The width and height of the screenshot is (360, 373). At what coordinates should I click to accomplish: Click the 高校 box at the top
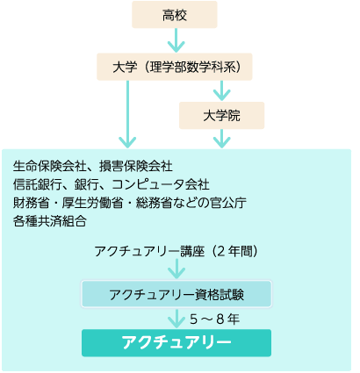[175, 15]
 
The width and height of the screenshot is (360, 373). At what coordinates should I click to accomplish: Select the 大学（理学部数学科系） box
[175, 67]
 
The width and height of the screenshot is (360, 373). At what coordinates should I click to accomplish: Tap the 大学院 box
[221, 116]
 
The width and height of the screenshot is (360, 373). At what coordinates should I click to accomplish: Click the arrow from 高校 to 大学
[176, 40]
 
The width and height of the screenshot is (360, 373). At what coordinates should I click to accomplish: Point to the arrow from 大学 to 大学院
[222, 90]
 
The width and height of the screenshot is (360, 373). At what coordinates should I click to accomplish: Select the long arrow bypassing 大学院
[127, 114]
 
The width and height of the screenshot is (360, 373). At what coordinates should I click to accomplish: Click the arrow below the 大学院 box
[222, 139]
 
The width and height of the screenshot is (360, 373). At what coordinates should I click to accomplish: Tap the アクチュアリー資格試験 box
[176, 294]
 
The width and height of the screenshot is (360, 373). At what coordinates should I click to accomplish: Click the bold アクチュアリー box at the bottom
[176, 343]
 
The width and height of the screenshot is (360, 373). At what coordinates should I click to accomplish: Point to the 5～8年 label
[214, 319]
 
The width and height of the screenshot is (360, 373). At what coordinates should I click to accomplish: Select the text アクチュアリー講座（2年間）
[176, 251]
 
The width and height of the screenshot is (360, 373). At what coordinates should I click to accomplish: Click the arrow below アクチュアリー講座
[176, 269]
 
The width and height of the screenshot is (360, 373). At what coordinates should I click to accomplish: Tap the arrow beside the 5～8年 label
[176, 318]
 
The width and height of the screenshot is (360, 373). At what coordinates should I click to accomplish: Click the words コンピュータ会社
[161, 184]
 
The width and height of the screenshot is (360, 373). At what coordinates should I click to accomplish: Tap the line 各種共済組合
[50, 221]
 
